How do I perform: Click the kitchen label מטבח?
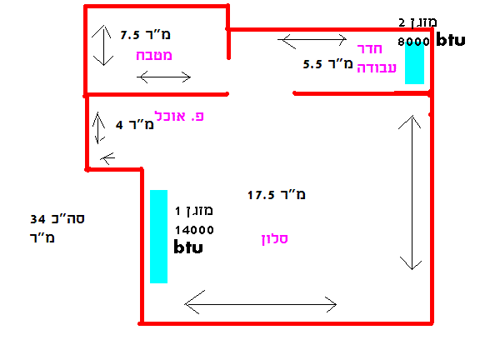(154, 55)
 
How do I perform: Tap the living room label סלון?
(275, 239)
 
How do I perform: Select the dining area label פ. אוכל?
(179, 117)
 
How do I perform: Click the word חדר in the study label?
(370, 48)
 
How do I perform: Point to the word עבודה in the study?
(377, 67)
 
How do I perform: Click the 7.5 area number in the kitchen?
(130, 35)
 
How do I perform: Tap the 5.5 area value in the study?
(312, 64)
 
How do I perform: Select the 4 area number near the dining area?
(119, 125)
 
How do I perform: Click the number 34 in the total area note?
(37, 219)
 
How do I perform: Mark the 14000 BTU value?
(194, 230)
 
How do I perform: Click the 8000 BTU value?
(413, 42)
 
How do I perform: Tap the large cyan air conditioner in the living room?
(158, 237)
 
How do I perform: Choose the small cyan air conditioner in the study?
(414, 62)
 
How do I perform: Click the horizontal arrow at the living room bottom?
(261, 304)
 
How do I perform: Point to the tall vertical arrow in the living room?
(412, 192)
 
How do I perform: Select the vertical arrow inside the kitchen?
(104, 45)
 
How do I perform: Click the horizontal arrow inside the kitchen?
(164, 77)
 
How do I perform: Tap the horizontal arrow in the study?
(312, 39)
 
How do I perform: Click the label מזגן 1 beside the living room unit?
(194, 211)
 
